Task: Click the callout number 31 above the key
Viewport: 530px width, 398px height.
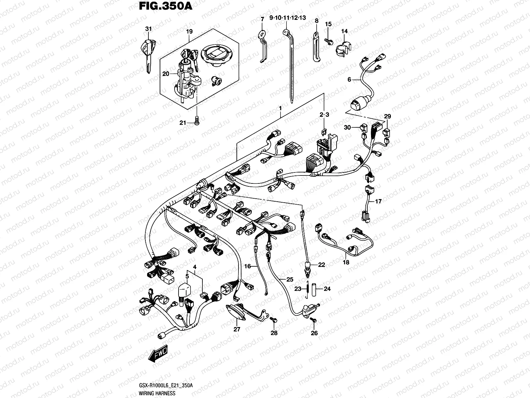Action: [148, 29]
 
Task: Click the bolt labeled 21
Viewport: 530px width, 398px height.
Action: [197, 122]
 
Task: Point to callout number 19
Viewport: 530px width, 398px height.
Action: [189, 32]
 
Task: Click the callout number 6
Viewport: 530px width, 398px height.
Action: [349, 80]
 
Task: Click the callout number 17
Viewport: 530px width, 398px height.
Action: [378, 201]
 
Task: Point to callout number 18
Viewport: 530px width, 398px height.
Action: [346, 262]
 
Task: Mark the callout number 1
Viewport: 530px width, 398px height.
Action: [280, 108]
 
